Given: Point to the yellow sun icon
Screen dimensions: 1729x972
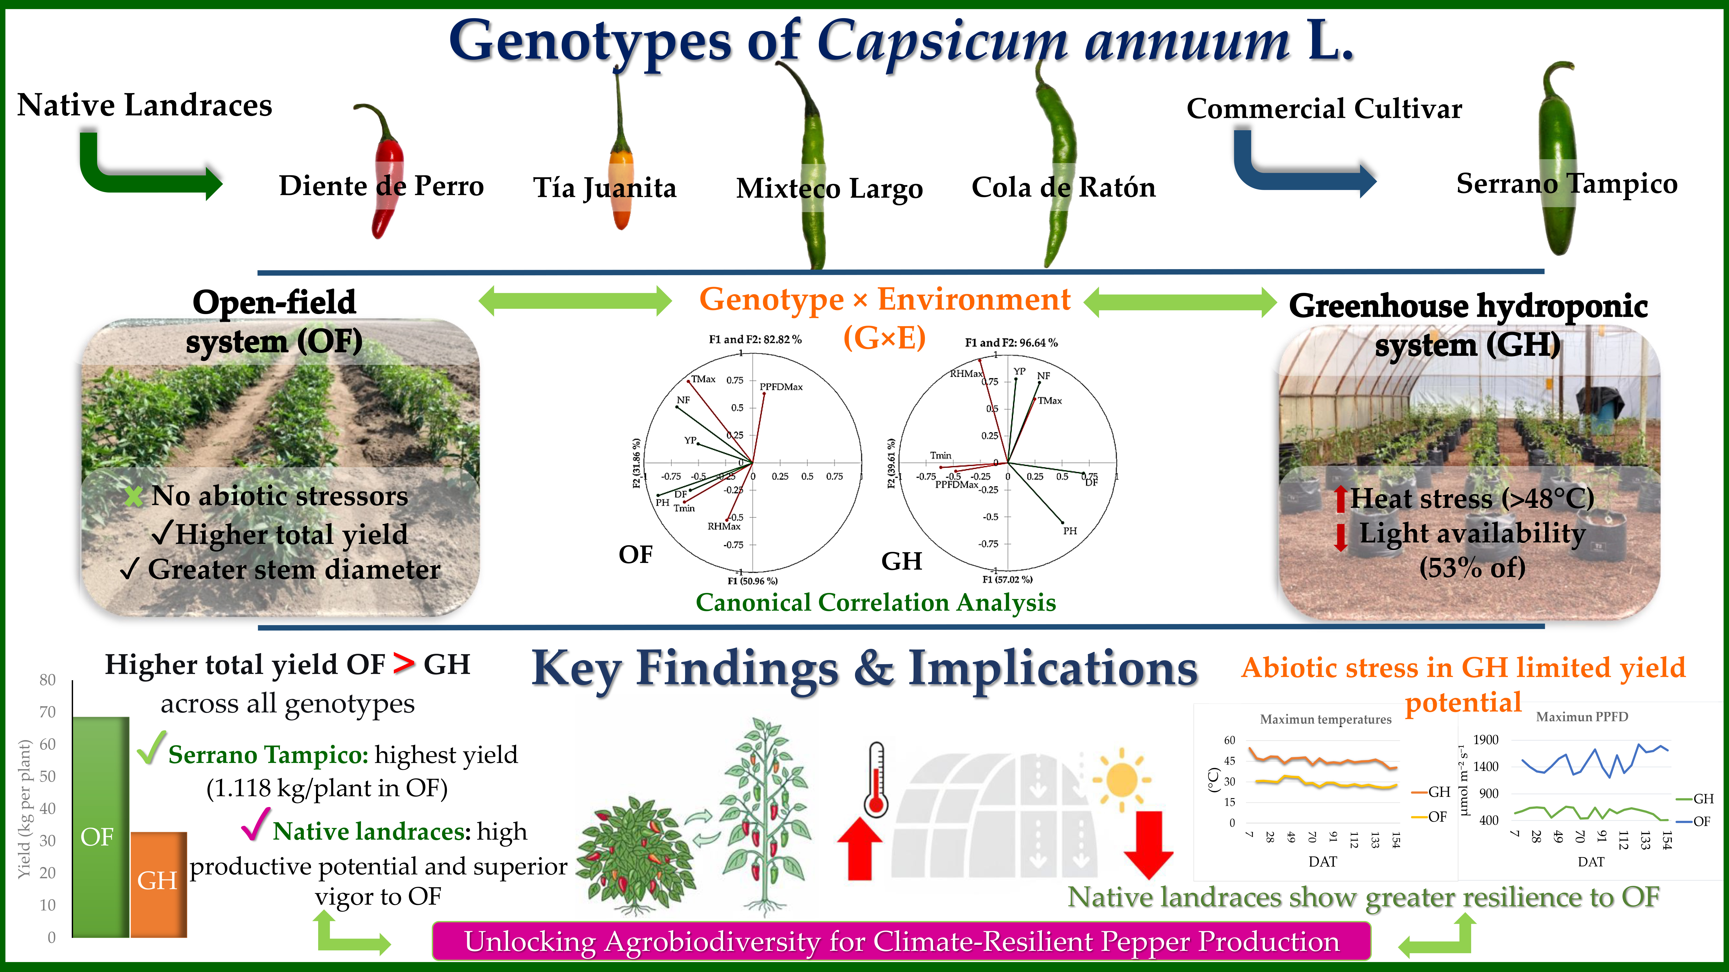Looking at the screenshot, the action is pyautogui.click(x=1121, y=780).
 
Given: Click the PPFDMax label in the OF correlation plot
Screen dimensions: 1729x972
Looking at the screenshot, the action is pyautogui.click(x=781, y=387).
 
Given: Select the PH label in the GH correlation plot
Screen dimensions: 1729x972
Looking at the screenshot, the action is pyautogui.click(x=1070, y=531).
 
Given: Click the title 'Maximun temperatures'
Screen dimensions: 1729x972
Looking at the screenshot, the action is pyautogui.click(x=1326, y=719).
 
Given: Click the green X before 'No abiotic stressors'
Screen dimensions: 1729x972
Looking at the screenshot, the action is pyautogui.click(x=134, y=496).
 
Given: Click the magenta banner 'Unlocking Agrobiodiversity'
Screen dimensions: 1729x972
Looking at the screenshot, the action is pyautogui.click(x=901, y=941).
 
